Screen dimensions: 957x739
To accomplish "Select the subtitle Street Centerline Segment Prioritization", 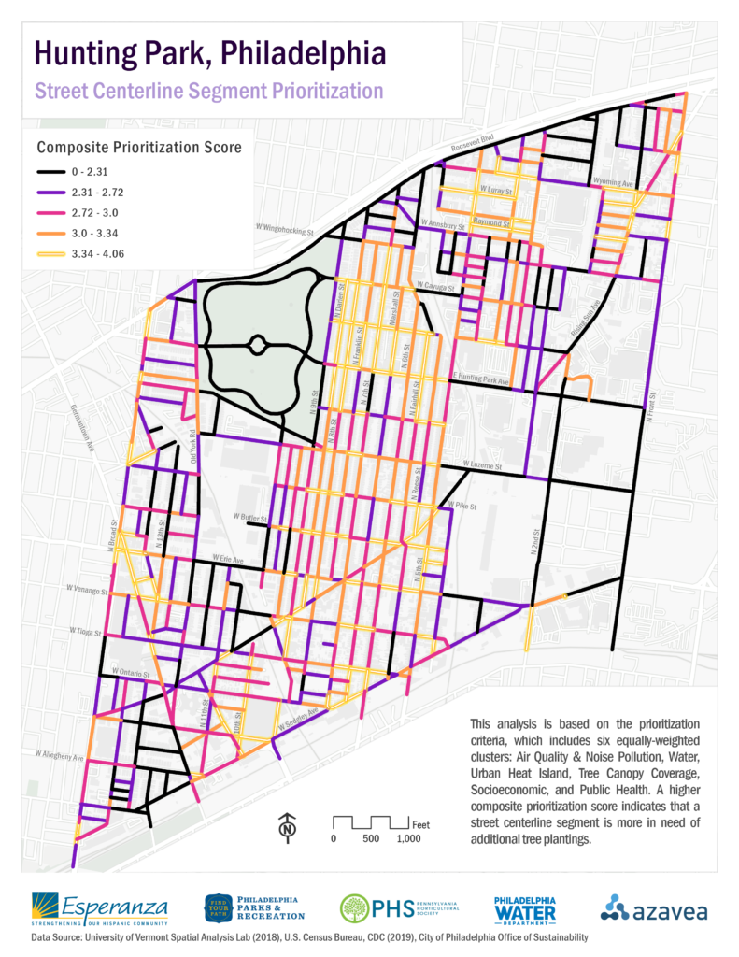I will [x=208, y=92].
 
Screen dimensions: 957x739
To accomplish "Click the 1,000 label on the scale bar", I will [x=408, y=838].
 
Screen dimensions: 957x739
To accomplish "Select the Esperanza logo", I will [x=100, y=907].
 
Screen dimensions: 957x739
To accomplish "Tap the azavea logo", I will [x=653, y=907].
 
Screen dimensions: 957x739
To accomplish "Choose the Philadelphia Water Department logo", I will [x=524, y=907].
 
